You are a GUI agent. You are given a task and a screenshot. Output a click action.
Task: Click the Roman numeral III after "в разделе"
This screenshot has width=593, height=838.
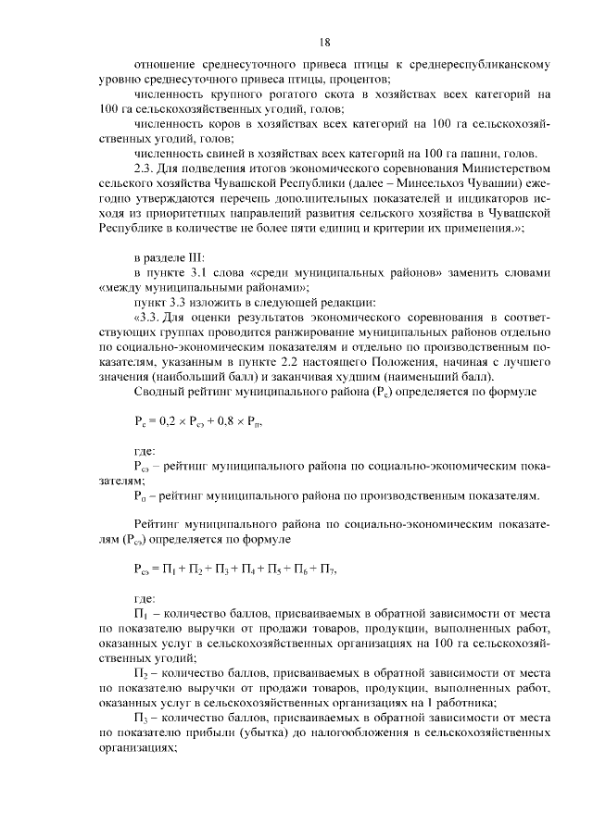pos(196,256)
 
